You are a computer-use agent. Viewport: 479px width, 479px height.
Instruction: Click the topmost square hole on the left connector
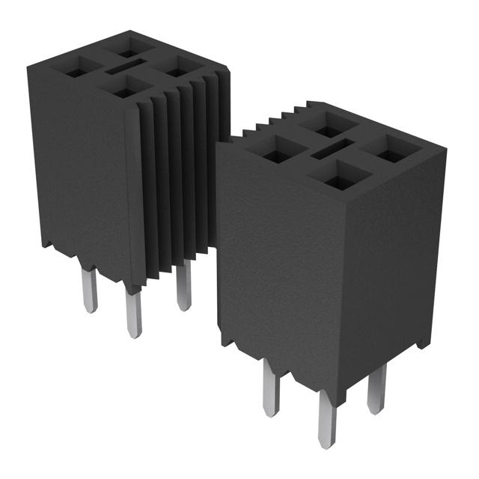pyautogui.click(x=132, y=51)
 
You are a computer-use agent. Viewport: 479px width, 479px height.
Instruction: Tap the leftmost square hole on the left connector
pyautogui.click(x=77, y=73)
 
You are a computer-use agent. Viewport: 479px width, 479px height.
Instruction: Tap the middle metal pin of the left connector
pyautogui.click(x=133, y=314)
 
